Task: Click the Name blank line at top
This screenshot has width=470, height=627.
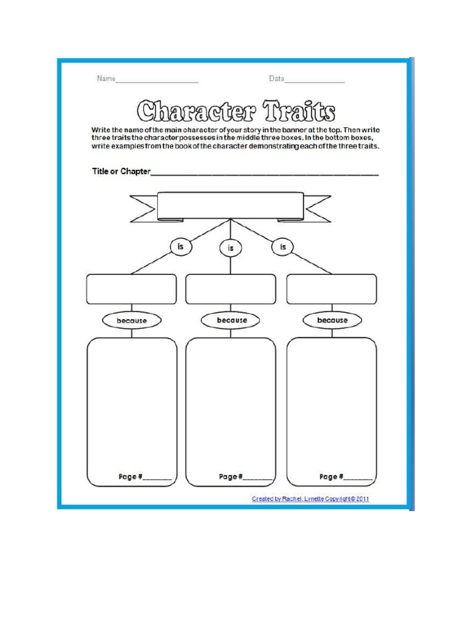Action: click(x=157, y=81)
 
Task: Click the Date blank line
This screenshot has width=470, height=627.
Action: click(x=315, y=81)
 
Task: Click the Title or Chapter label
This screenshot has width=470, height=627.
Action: click(x=121, y=171)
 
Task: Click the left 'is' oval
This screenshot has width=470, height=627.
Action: click(x=180, y=246)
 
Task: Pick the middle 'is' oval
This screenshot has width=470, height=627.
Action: click(x=231, y=248)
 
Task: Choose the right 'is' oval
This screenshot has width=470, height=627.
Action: click(x=283, y=246)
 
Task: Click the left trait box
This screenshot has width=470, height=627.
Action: click(x=131, y=289)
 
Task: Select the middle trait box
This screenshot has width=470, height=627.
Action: click(x=231, y=289)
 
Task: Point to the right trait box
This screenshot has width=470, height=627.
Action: click(x=332, y=289)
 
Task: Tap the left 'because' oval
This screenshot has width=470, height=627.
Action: click(x=132, y=320)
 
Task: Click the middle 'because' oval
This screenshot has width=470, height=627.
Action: click(x=231, y=320)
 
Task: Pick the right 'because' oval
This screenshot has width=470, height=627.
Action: click(x=332, y=320)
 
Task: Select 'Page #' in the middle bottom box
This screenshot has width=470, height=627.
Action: click(x=231, y=476)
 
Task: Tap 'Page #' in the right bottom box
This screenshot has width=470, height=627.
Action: click(x=331, y=476)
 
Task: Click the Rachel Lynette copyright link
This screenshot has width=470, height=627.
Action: click(x=310, y=499)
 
